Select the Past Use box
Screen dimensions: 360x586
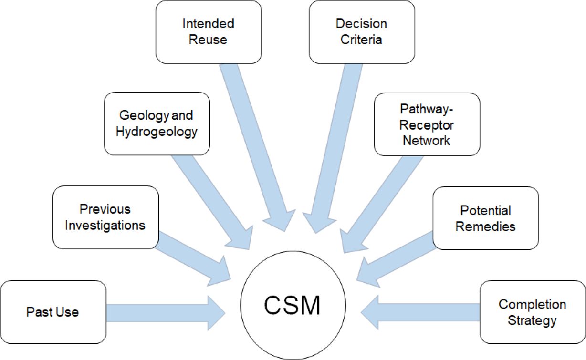[52, 312]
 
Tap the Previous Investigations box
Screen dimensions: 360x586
[105, 217]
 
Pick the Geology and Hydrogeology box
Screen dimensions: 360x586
[157, 123]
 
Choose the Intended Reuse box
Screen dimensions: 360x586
[208, 31]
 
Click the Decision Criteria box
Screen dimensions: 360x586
[361, 31]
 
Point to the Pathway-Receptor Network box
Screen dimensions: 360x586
[426, 124]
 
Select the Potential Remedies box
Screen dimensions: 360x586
[485, 218]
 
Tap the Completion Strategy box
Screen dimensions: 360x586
[532, 312]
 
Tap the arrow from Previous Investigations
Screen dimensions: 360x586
[191, 255]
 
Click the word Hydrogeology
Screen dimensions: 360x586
[157, 131]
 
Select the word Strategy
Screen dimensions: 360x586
[532, 320]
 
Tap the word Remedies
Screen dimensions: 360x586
[485, 226]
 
